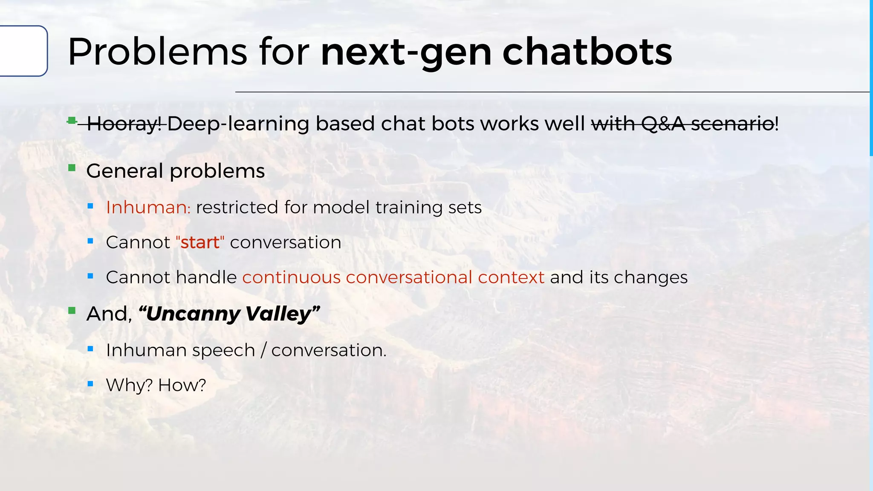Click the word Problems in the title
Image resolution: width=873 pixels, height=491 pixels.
coord(157,52)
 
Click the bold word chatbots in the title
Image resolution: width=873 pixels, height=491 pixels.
coord(587,52)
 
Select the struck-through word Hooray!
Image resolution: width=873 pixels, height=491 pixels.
coord(124,124)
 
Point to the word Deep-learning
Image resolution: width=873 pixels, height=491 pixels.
coord(238,124)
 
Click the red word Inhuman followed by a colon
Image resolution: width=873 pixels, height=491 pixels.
coord(146,208)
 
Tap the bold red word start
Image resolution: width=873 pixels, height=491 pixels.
coord(199,243)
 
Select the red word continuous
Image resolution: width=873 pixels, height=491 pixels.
coord(292,277)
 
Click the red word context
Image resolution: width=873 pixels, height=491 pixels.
coord(511,277)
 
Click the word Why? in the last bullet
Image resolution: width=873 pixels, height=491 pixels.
coord(129,385)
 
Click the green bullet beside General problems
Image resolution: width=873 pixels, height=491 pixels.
coord(72,168)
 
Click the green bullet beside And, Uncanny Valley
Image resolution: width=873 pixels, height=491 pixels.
coord(72,311)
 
